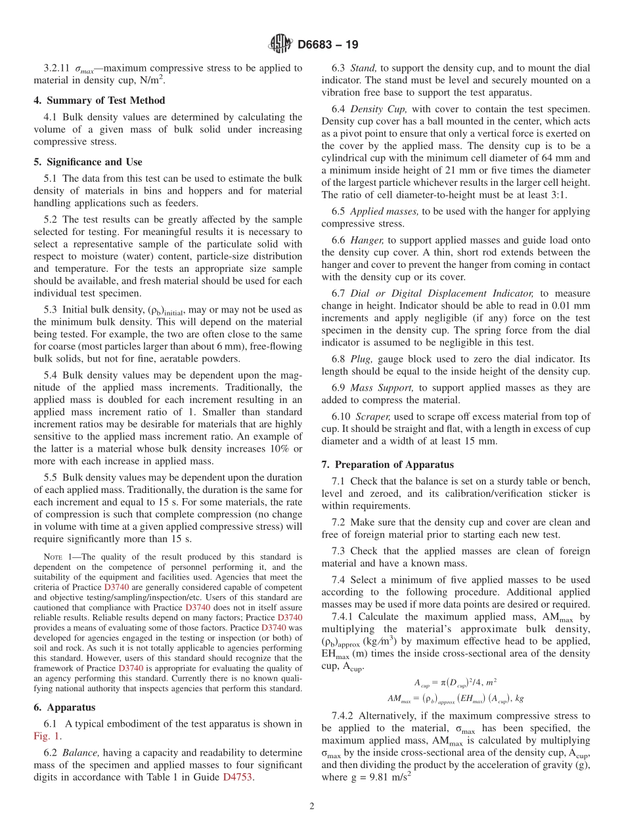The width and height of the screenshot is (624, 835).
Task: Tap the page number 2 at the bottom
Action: [312, 806]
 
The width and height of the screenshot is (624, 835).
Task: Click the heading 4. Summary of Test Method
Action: [99, 100]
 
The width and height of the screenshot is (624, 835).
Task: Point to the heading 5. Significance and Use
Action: [87, 162]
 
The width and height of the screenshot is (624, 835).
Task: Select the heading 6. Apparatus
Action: [64, 708]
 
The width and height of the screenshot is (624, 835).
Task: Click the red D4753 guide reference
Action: [238, 777]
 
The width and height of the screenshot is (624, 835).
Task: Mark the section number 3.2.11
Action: [56, 68]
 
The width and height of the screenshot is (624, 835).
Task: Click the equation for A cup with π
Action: [455, 683]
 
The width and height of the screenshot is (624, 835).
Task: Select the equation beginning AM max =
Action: [455, 697]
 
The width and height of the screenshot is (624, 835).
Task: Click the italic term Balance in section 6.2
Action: [80, 753]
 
